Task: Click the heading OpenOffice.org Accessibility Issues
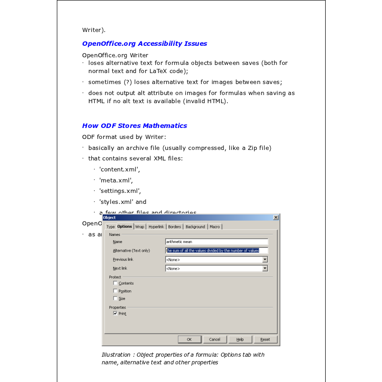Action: (144, 43)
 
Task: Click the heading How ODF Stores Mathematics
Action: (134, 126)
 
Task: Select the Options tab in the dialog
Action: (125, 226)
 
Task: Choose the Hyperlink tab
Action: (156, 226)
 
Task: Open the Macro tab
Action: (214, 226)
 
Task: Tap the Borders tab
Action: (174, 226)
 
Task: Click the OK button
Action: (189, 340)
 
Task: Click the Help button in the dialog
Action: (240, 340)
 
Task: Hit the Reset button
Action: (265, 340)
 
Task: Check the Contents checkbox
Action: (115, 283)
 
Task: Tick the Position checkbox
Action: (115, 291)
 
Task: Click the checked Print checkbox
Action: (115, 314)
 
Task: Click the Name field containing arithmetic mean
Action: (216, 242)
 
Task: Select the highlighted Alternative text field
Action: (216, 250)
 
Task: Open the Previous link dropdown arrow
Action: (265, 259)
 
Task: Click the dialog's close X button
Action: (276, 218)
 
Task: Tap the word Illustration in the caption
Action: (116, 355)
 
